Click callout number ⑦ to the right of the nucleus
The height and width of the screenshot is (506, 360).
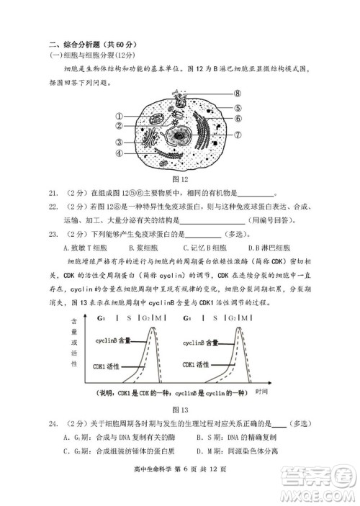[x=238, y=134]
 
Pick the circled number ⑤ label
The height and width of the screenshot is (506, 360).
[x=238, y=108]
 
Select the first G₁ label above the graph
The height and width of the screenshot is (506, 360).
[x=102, y=317]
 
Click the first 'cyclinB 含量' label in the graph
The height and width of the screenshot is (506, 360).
[x=114, y=343]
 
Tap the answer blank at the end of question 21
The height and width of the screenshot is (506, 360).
[x=256, y=193]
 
